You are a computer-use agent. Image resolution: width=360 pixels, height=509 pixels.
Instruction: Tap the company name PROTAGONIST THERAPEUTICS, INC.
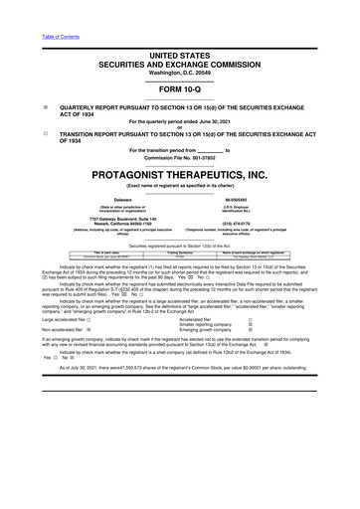(x=179, y=174)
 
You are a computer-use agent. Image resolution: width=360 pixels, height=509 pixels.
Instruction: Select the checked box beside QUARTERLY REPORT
(x=17, y=104)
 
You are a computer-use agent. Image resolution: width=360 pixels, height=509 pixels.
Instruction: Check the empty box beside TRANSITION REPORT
(x=17, y=132)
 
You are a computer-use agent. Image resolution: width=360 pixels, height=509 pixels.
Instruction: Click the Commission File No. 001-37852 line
(x=179, y=158)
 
